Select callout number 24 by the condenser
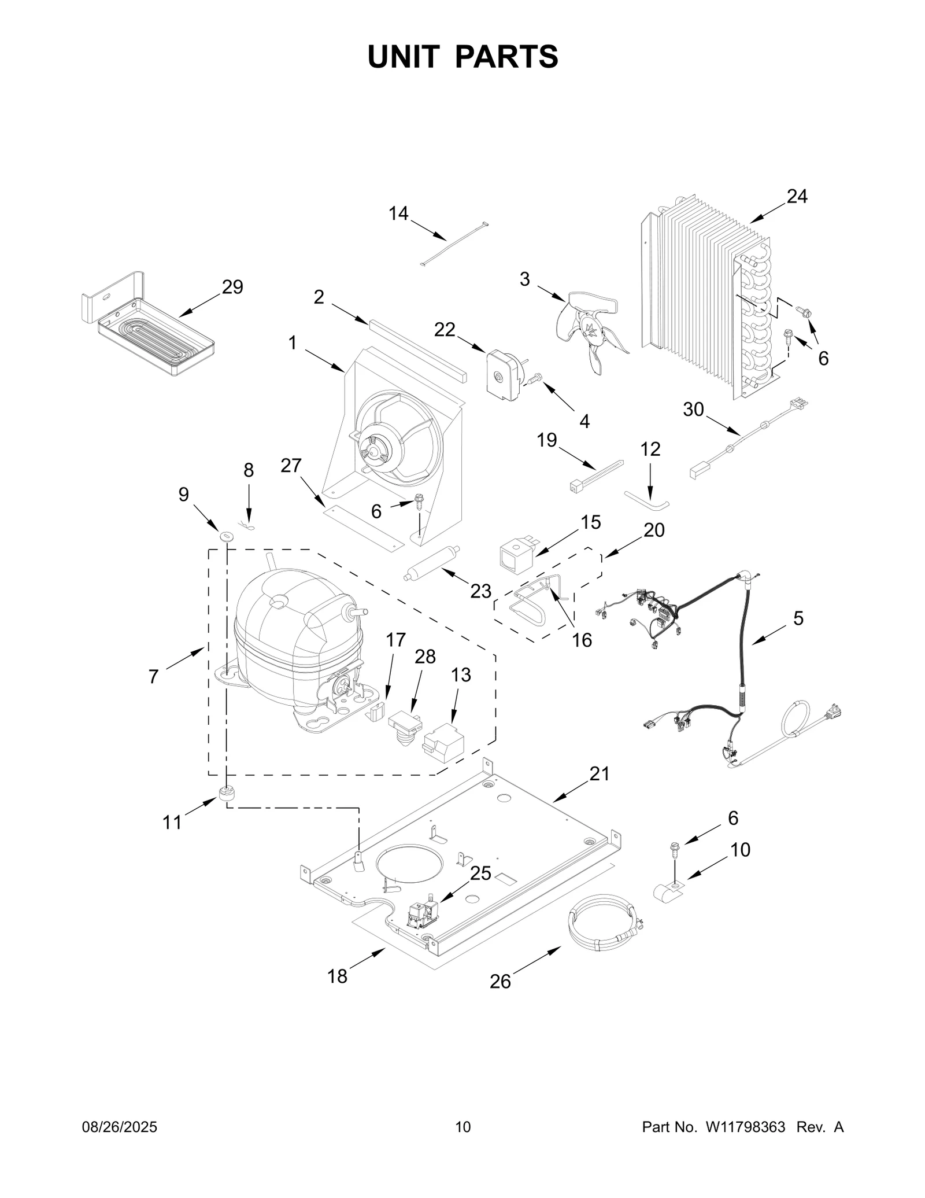797,197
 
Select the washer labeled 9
225,533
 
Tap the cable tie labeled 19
595,474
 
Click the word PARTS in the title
506,57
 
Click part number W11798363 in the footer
745,1127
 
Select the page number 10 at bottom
462,1127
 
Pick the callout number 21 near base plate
599,773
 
